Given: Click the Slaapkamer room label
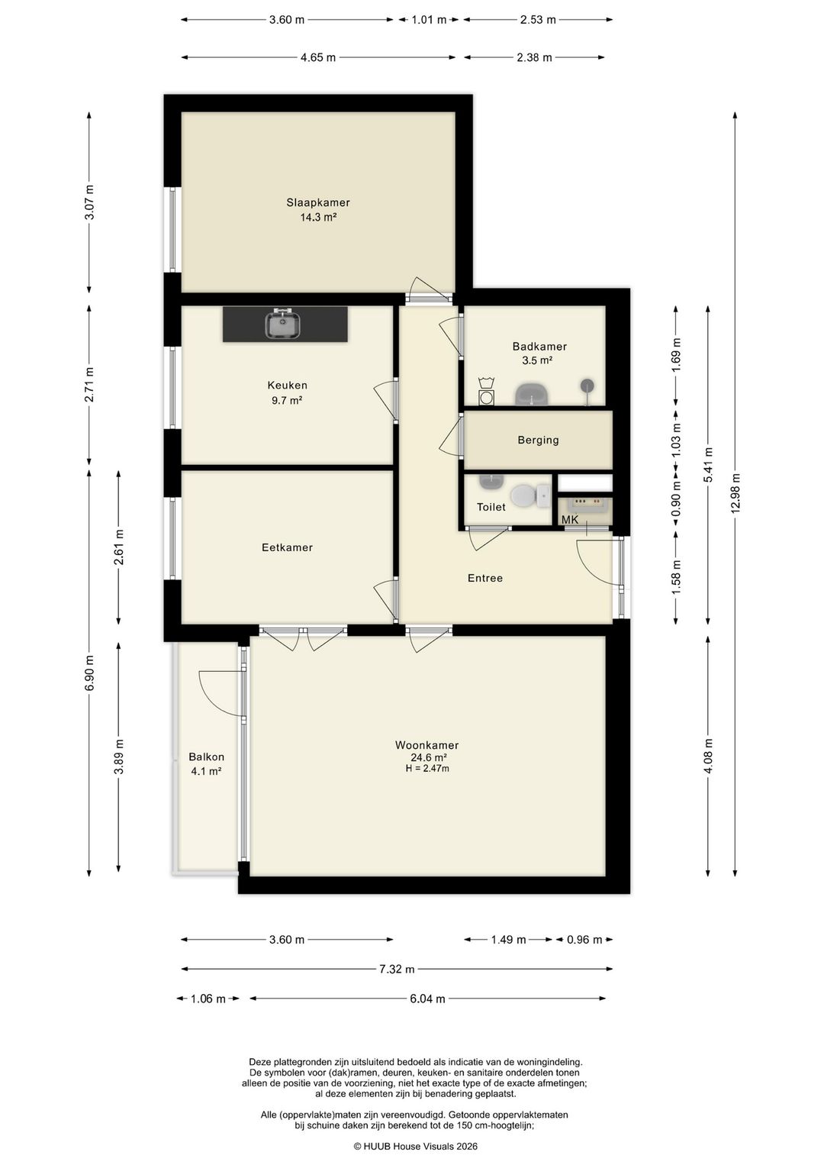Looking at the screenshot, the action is click(x=317, y=202).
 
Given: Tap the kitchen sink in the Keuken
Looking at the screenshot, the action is click(x=283, y=324).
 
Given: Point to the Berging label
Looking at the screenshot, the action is click(x=538, y=440).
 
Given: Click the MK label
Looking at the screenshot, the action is click(x=570, y=520).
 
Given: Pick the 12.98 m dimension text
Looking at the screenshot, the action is click(x=735, y=492).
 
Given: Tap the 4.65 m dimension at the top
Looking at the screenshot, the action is click(x=317, y=57).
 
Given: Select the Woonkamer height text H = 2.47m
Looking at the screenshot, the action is click(x=427, y=768).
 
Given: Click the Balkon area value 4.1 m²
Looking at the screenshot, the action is click(x=207, y=771).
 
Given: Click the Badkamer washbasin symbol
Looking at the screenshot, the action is click(x=532, y=394).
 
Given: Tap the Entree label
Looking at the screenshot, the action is click(x=485, y=578).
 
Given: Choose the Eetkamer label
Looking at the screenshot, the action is click(x=287, y=547).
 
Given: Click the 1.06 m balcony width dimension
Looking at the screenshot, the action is click(x=208, y=999).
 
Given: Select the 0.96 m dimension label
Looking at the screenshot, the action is click(x=584, y=940).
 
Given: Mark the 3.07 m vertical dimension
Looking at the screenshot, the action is click(x=89, y=202).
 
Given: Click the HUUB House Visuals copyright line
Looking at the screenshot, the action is click(x=415, y=1146).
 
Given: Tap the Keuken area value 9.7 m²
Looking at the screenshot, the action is click(x=287, y=400).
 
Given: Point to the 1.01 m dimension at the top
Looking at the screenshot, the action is click(x=429, y=20).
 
